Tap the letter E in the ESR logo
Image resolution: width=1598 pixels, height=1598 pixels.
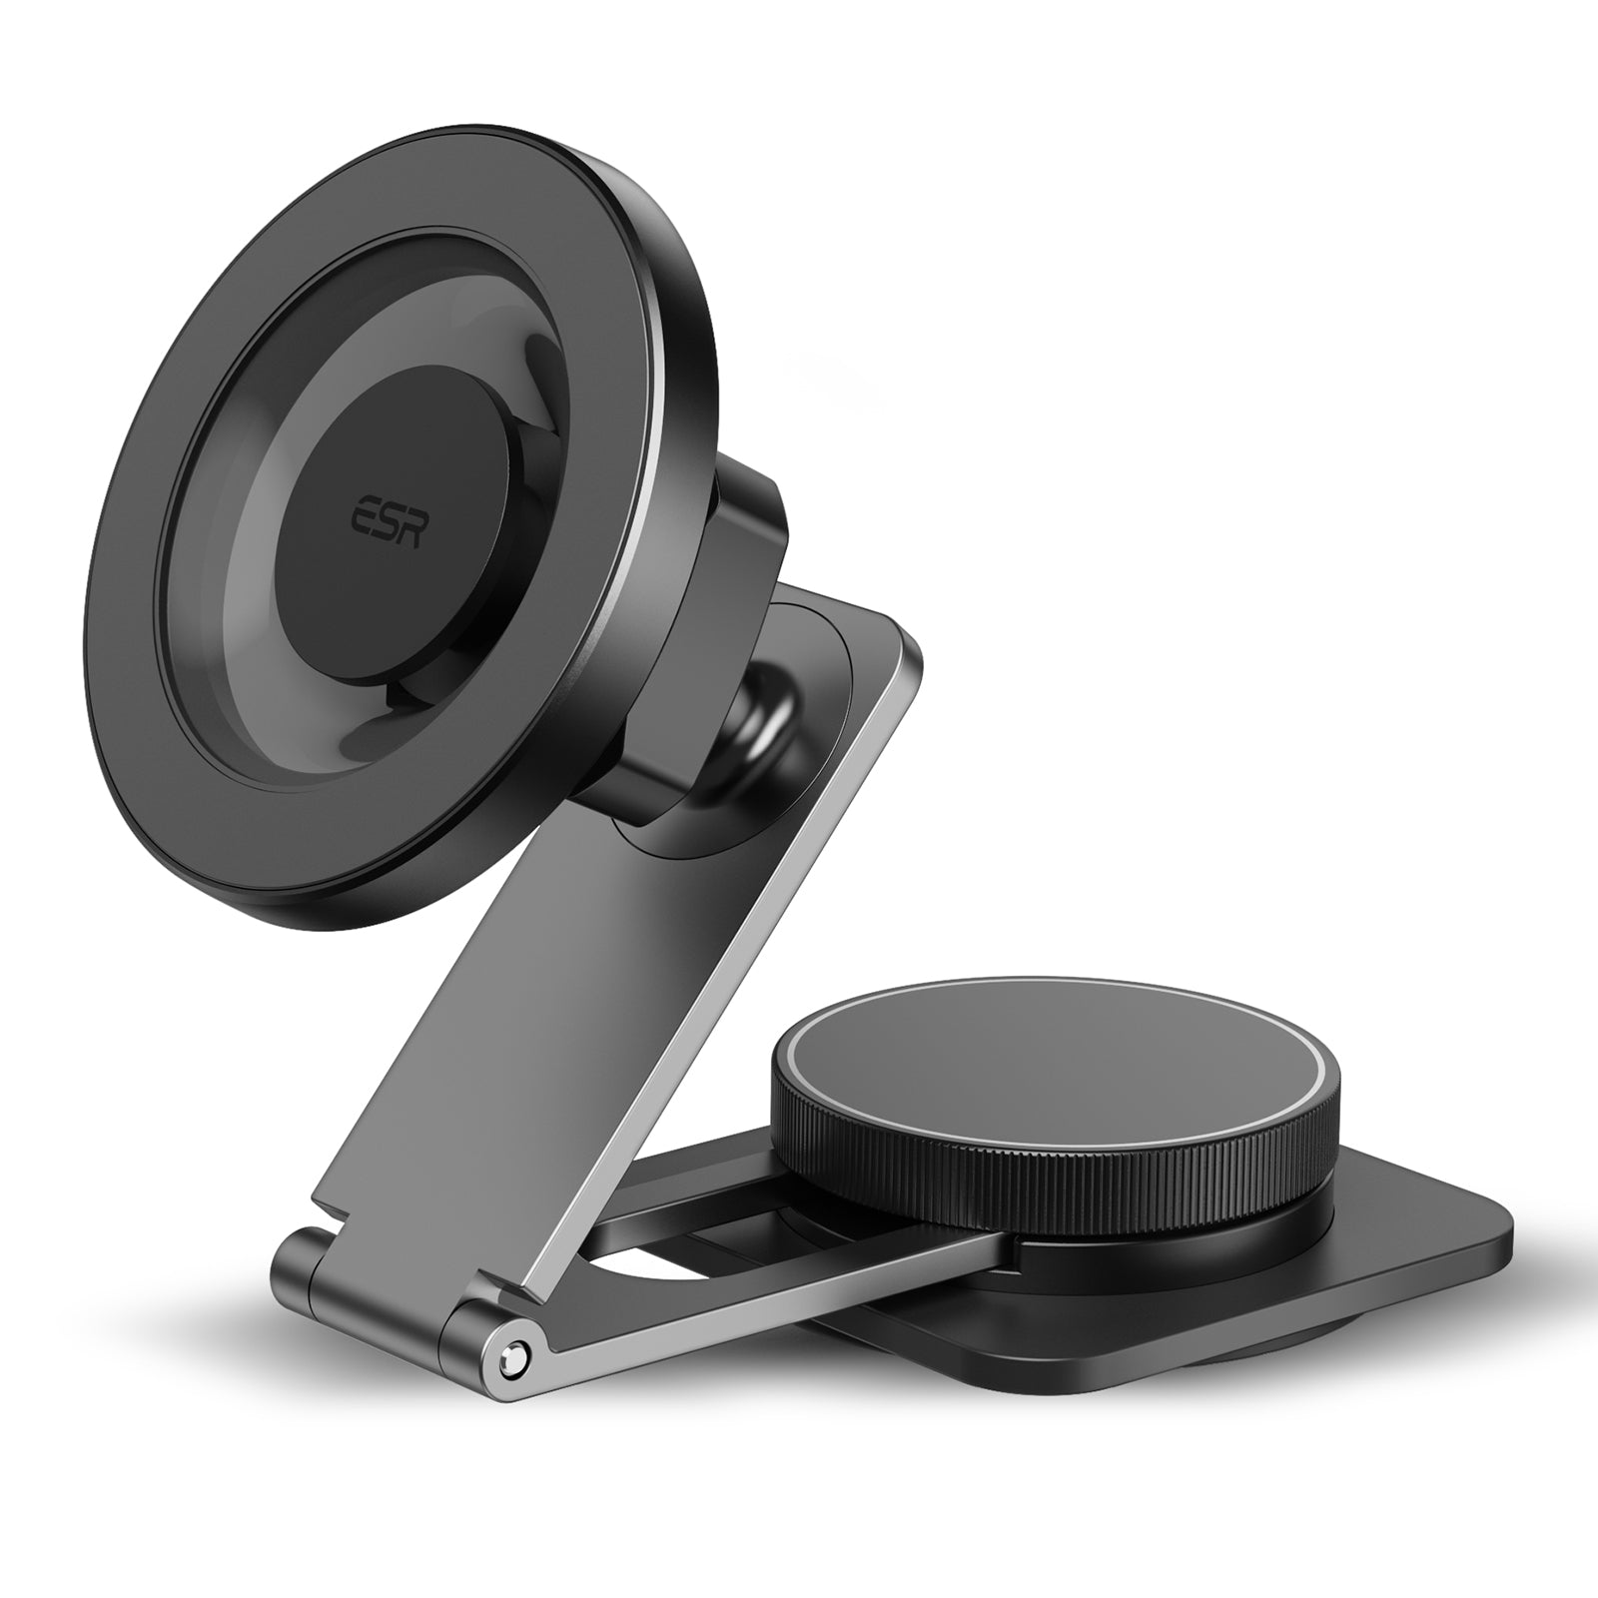pos(360,518)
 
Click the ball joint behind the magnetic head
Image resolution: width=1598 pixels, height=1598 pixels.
pos(764,719)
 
